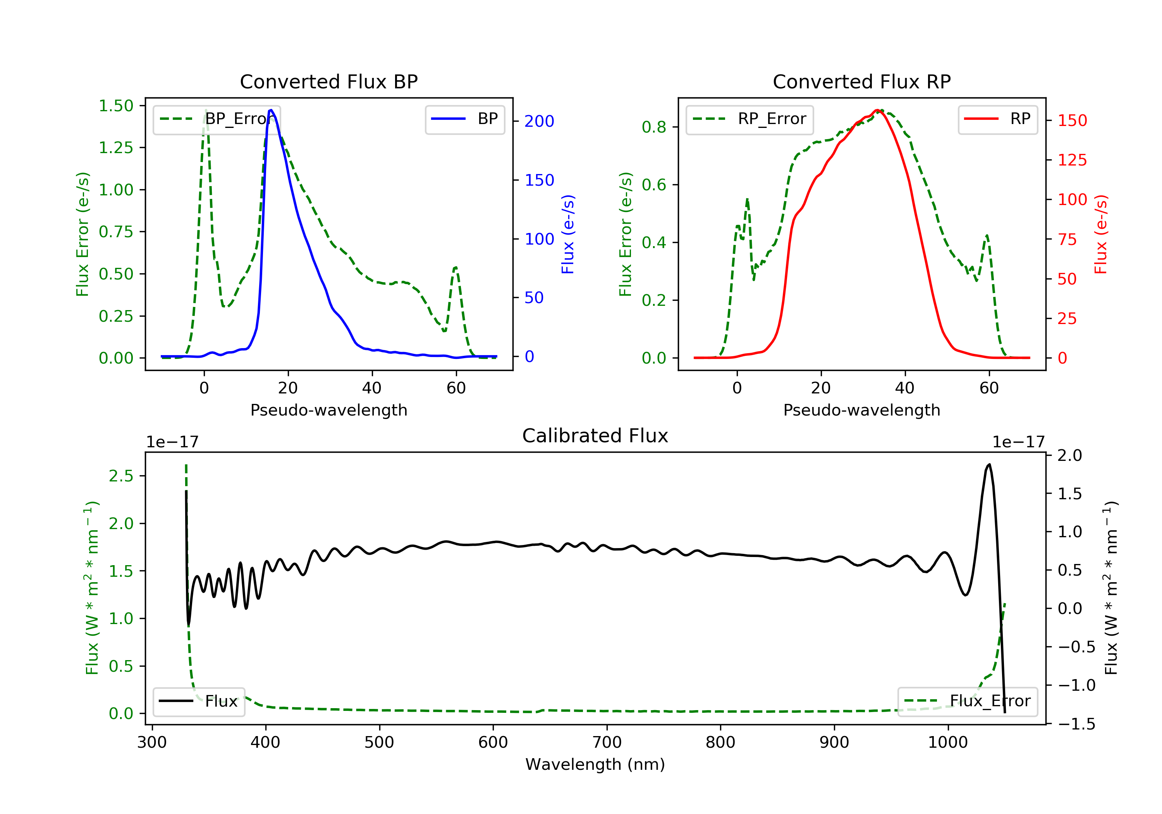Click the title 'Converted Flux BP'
tap(328, 81)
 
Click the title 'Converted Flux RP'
tap(861, 81)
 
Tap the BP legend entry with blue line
tap(464, 119)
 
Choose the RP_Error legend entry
tap(749, 119)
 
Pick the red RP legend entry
tap(997, 119)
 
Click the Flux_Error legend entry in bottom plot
tap(967, 701)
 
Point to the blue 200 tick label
tap(539, 121)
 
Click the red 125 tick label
tap(1072, 160)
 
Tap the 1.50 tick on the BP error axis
tap(116, 106)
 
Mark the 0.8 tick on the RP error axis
tap(654, 127)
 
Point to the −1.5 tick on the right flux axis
tap(1076, 724)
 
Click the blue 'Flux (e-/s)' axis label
tap(568, 234)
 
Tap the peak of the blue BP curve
tap(271, 110)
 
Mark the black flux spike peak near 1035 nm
tap(989, 464)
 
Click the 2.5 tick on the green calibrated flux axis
tap(121, 476)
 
